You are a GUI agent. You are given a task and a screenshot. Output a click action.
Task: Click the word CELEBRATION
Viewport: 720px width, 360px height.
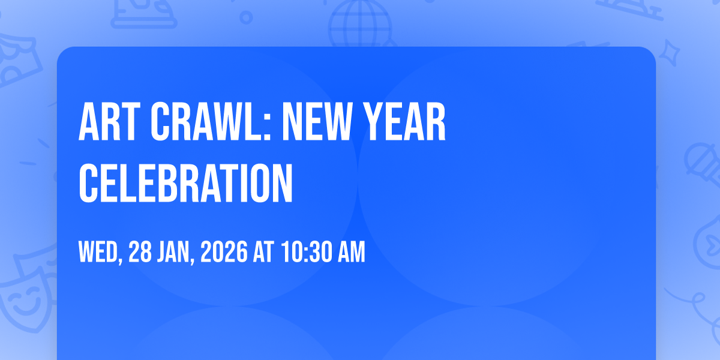[186, 183]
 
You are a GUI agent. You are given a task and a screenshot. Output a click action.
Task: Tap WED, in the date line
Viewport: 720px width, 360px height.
[101, 253]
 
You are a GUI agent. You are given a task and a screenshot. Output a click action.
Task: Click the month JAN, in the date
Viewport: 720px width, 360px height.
[176, 253]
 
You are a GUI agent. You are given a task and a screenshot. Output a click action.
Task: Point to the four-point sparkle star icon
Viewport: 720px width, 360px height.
[669, 53]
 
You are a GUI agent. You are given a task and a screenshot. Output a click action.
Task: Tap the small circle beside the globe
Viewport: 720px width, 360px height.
[246, 17]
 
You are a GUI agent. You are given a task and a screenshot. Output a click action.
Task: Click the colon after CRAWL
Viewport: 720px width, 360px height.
[267, 127]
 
